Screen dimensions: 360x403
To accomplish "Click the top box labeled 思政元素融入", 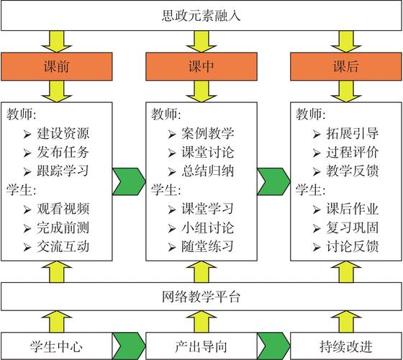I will point(201,15).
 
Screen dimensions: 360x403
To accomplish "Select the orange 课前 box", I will point(57,68).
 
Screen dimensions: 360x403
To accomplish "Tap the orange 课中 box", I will point(201,68).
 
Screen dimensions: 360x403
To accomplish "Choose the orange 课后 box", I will point(345,68).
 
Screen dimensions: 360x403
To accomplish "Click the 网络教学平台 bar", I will point(201,295).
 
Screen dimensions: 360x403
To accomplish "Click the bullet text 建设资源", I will point(63,134).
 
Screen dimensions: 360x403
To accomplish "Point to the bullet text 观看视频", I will point(63,210).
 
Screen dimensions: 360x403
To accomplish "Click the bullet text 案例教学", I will point(207,134).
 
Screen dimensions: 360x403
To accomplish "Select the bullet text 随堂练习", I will point(207,247).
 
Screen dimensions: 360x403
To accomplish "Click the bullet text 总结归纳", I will point(207,171).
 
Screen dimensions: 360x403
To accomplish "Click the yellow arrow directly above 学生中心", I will point(57,320).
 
